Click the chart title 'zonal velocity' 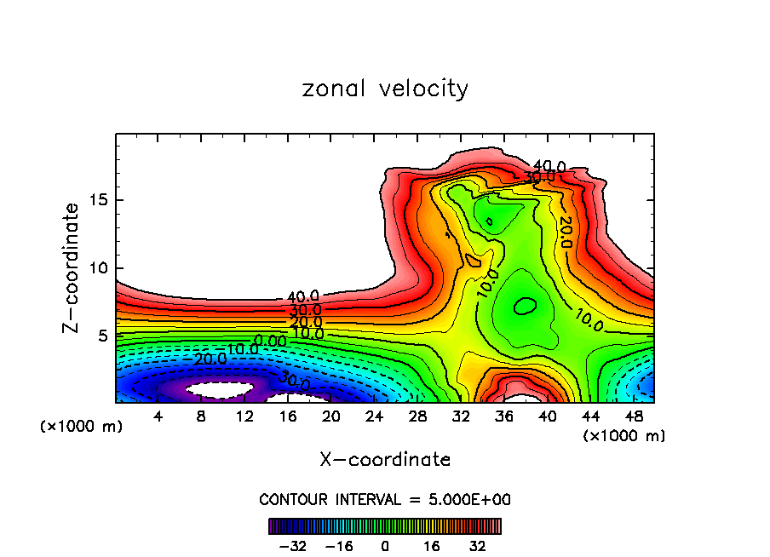[x=385, y=89]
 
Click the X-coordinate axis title [x=385, y=460]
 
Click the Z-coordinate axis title [x=72, y=267]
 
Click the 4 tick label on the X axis [x=158, y=416]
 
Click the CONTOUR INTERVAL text [x=385, y=499]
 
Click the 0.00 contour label [x=271, y=341]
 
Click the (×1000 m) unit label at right [x=624, y=435]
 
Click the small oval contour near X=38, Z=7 [x=526, y=306]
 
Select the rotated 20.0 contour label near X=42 [x=565, y=232]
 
